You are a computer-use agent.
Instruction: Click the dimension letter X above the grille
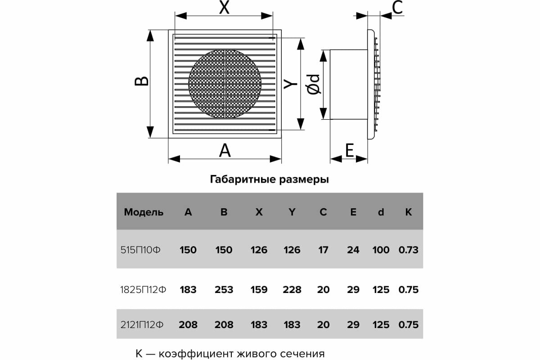(224, 8)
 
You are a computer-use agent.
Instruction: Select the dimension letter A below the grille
(225, 150)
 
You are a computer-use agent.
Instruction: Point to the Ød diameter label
(314, 84)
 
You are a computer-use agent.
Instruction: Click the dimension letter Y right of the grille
(291, 84)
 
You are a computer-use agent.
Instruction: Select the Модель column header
(144, 212)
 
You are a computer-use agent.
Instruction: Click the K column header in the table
(408, 212)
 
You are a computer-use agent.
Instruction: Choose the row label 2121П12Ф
(142, 324)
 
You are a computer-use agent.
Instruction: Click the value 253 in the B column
(224, 290)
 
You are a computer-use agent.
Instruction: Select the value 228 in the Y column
(292, 290)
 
